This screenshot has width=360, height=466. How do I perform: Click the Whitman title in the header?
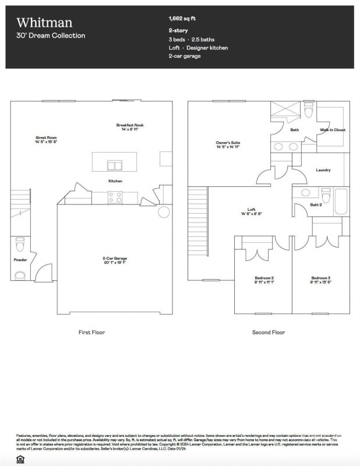(x=44, y=22)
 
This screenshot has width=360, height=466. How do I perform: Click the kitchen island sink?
(x=115, y=165)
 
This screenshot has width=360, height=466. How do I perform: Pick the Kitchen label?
(x=115, y=181)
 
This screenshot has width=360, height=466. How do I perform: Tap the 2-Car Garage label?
(x=115, y=258)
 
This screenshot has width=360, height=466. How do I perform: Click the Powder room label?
(x=20, y=260)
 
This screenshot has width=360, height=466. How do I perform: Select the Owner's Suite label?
(x=228, y=142)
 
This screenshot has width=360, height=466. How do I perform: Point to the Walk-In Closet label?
(x=333, y=130)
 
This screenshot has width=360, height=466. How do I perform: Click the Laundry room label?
(x=323, y=170)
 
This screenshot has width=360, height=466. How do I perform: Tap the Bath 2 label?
(x=316, y=204)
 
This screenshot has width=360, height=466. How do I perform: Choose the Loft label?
(x=252, y=210)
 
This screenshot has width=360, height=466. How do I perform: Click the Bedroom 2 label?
(x=264, y=278)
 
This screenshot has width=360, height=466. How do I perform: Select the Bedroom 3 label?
(x=320, y=278)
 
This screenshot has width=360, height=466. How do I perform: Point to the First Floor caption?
(x=91, y=332)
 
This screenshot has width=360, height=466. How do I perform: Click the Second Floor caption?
(x=268, y=332)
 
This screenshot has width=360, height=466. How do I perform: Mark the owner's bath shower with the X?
(x=285, y=110)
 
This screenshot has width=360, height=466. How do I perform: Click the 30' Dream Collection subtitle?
(x=51, y=36)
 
